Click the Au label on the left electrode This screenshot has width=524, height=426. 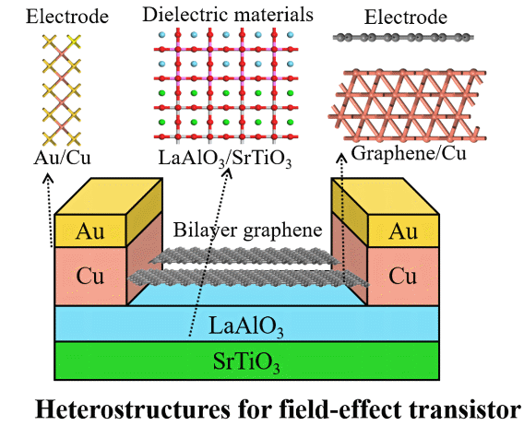tap(89, 231)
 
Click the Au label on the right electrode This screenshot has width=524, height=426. tap(403, 231)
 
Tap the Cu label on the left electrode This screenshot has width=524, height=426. tap(89, 277)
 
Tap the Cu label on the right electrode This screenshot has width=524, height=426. tap(403, 277)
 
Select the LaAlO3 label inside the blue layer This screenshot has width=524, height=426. tap(246, 326)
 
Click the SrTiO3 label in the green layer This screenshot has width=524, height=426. tap(246, 361)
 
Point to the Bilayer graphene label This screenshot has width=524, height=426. tap(247, 231)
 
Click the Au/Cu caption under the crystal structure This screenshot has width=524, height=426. tap(62, 158)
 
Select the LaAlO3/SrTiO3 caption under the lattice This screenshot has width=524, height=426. tap(225, 158)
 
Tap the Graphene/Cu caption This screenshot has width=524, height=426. tap(409, 154)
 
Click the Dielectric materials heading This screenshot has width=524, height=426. tap(228, 15)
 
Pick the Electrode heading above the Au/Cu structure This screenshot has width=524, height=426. tap(67, 17)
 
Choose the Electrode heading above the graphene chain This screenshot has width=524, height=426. tap(405, 17)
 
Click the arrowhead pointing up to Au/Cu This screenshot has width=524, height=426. tap(49, 177)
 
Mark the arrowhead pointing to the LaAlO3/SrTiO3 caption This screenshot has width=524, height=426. tap(229, 172)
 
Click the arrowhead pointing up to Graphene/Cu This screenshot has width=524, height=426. tap(341, 158)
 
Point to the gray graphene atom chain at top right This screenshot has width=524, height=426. tap(403, 38)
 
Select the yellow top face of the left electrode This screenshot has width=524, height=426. tap(109, 196)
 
